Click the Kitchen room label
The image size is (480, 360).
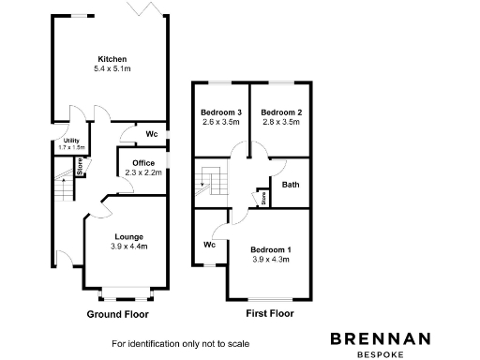112,59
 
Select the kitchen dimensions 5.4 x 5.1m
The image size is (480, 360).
112,69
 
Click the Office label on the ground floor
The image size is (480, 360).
143,163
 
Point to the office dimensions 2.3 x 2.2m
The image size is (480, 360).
143,173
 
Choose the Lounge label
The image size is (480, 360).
129,236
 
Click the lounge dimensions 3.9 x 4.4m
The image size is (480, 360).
129,247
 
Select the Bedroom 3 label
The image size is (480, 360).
221,112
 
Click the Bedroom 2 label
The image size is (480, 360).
281,112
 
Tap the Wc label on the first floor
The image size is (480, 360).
210,245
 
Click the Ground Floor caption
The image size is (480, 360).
117,314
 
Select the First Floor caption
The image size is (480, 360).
269,314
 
